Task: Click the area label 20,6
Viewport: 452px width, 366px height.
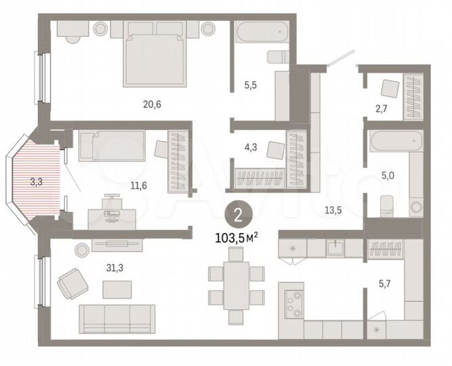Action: (152, 104)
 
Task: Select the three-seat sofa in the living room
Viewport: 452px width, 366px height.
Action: (117, 318)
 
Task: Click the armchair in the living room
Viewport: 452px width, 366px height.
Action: (72, 283)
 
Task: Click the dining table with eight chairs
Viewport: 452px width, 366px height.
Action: (236, 285)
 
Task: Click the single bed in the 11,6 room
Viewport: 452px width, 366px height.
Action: (112, 145)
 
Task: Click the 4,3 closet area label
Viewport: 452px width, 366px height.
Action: (251, 144)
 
